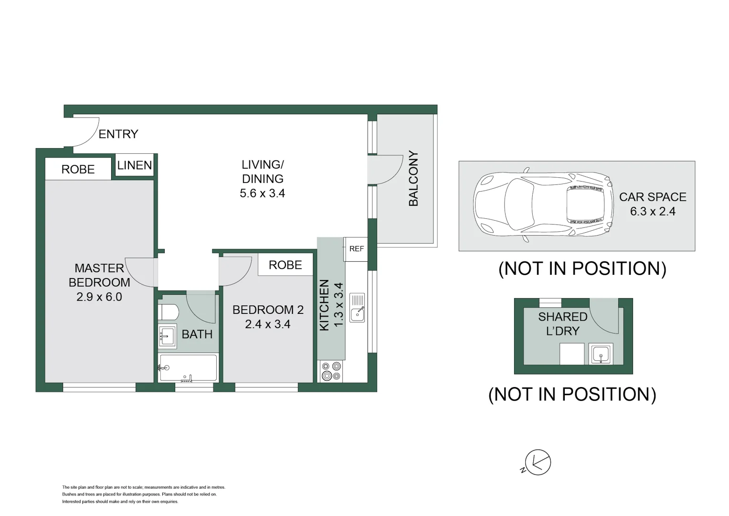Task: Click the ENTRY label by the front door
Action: click(118, 134)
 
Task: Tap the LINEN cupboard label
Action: click(135, 165)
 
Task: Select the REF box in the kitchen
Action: click(356, 249)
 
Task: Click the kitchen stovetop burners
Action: click(331, 371)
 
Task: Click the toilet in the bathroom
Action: click(169, 312)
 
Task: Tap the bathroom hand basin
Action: click(167, 336)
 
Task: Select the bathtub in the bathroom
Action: click(189, 368)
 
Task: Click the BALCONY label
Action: click(413, 179)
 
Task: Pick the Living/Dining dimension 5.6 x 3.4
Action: click(263, 193)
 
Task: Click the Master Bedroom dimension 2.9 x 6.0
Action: click(99, 297)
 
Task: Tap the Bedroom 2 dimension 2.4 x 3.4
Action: click(268, 324)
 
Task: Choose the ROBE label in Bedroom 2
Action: click(285, 265)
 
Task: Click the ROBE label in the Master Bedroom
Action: click(78, 170)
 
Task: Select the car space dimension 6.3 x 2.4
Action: click(653, 212)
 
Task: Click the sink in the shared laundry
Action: click(600, 355)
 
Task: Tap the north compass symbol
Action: click(537, 462)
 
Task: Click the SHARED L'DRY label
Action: click(563, 324)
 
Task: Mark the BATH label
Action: click(197, 334)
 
